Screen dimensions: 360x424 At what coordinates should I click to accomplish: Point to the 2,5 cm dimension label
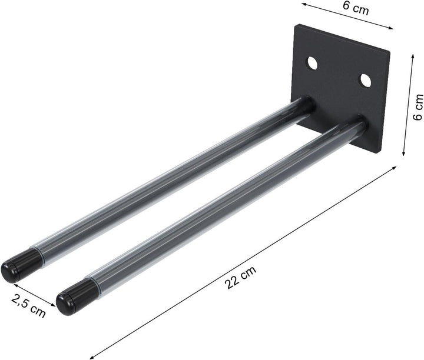28,305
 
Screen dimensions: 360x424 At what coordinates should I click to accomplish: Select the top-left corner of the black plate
297,25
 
